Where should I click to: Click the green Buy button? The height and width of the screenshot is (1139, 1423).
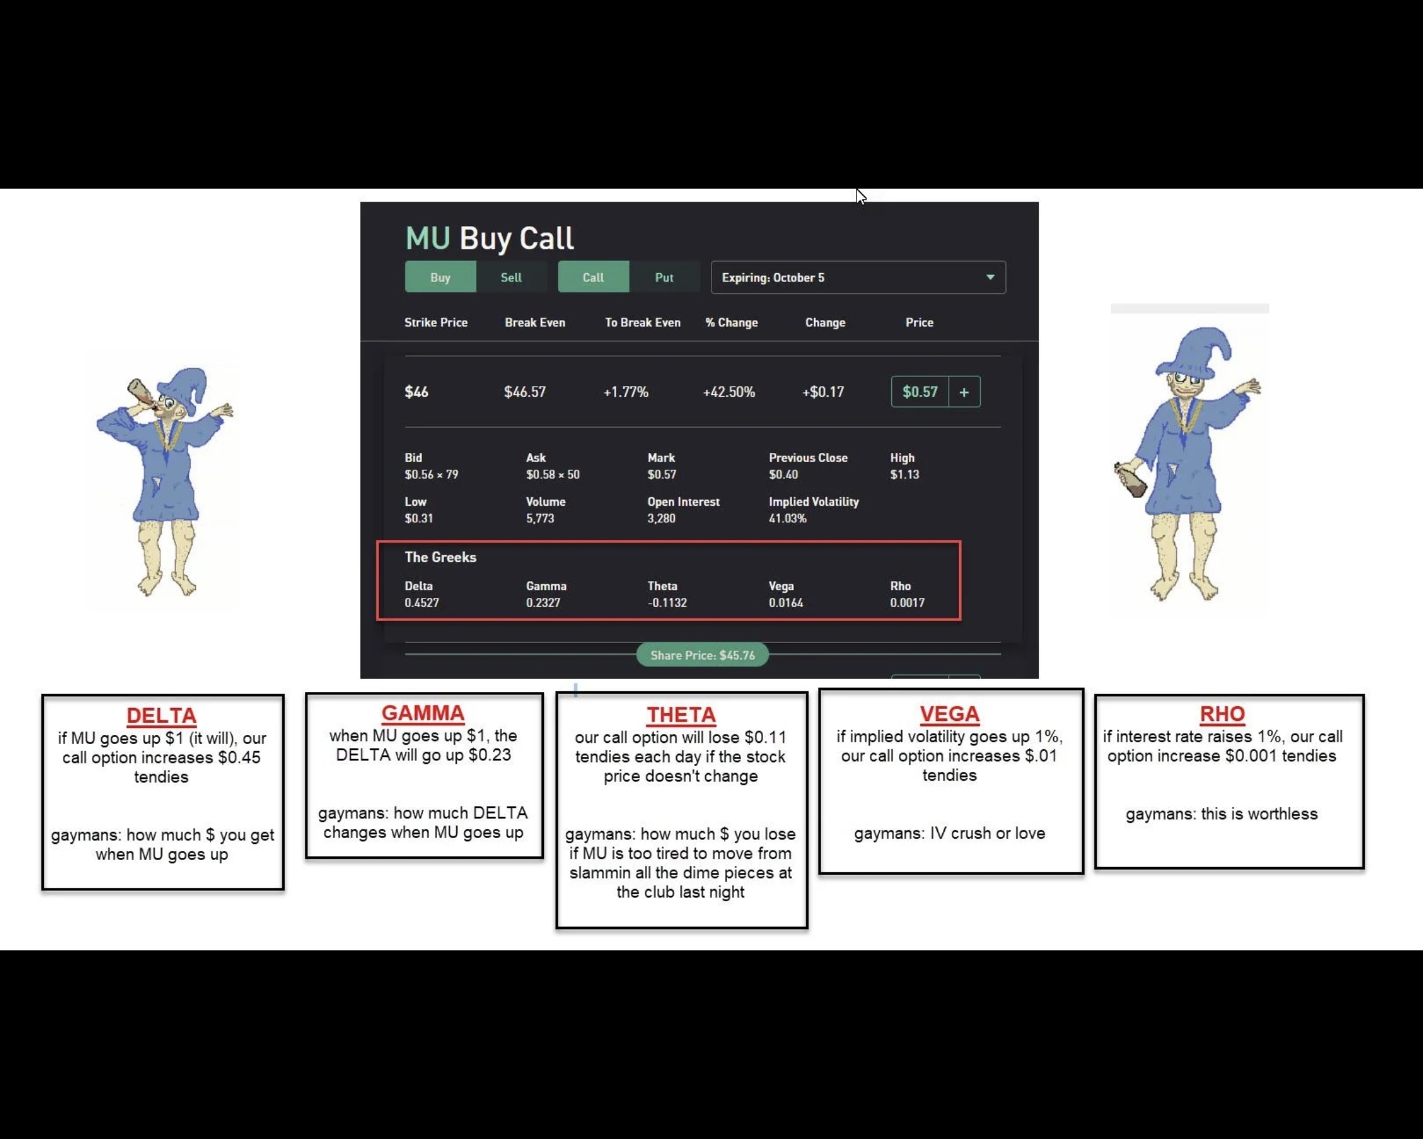click(440, 277)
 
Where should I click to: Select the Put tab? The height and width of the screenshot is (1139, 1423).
click(664, 277)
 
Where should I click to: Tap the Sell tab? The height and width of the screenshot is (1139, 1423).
click(511, 277)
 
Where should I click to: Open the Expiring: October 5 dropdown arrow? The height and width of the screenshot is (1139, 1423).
click(990, 277)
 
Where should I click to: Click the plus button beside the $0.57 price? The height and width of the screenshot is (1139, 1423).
click(964, 392)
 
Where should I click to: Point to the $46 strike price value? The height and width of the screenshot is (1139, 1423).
click(416, 392)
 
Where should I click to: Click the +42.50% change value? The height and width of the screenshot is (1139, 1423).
click(729, 392)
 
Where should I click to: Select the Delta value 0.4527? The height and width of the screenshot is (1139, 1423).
click(421, 602)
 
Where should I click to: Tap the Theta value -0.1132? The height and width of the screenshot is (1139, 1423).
click(667, 602)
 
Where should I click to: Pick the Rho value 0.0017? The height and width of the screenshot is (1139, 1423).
click(907, 602)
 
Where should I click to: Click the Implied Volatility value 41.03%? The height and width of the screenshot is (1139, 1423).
click(788, 518)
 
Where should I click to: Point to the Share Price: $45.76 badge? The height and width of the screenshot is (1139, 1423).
click(702, 655)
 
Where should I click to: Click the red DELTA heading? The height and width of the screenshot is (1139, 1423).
click(161, 715)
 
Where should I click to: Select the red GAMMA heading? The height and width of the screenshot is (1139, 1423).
click(423, 713)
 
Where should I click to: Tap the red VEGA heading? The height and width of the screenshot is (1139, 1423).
click(950, 713)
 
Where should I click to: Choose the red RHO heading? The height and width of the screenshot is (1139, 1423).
click(1223, 713)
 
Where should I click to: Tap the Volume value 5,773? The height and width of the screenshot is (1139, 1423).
click(540, 518)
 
